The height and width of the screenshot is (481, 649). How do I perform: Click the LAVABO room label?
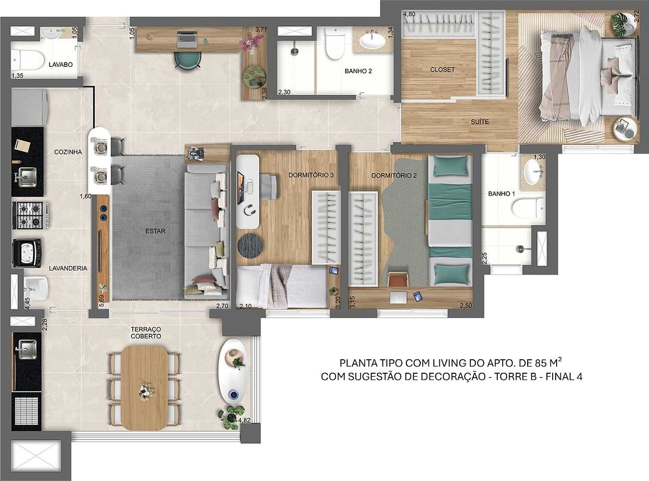point(60,64)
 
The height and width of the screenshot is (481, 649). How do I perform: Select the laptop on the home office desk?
point(187,39)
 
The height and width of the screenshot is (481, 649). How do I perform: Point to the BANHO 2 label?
point(358,71)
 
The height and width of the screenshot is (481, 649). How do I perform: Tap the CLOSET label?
point(442,70)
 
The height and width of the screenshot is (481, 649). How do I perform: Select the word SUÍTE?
point(480,121)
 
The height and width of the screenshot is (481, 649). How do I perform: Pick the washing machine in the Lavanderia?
point(26,253)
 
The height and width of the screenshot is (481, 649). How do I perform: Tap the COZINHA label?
point(68,152)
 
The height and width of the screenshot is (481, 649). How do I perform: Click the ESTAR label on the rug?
point(155,231)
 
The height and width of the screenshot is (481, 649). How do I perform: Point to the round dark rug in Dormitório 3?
point(250,245)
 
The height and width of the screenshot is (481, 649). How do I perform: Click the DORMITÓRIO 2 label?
point(394,176)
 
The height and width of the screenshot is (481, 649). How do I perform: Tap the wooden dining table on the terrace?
point(144,388)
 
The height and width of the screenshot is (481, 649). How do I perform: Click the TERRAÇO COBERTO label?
point(146,333)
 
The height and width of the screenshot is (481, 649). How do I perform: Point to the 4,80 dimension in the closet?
point(409,14)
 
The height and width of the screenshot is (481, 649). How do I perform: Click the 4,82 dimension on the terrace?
point(244,420)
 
